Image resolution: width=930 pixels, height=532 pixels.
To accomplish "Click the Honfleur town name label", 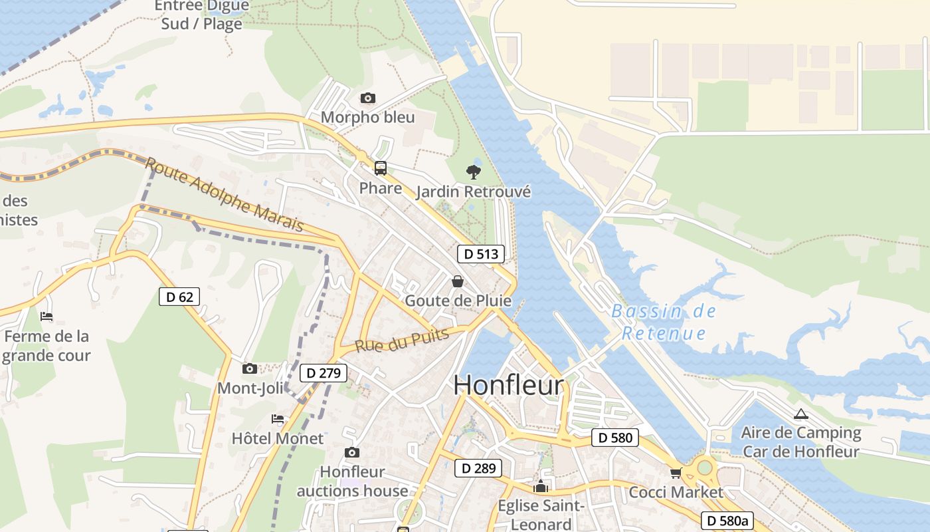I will pos(509,385).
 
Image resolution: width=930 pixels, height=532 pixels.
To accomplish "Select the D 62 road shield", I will pos(179,297).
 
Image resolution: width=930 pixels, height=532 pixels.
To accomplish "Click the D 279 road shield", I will pos(324,373).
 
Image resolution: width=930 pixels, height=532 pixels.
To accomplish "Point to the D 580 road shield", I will pos(614,438).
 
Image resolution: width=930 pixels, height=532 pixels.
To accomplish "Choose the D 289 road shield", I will pos(478,468).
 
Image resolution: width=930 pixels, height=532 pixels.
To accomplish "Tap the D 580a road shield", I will pos(727,521).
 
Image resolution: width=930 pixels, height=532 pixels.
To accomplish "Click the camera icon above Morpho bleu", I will pos(367,98).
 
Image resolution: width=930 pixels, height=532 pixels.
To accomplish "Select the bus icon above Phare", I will pos(380,168).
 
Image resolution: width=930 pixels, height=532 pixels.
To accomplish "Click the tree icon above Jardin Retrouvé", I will pos(473,172).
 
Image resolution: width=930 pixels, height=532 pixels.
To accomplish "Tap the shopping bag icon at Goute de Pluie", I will pos(458,281).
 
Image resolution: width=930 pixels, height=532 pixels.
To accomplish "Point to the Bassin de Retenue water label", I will pos(663,322).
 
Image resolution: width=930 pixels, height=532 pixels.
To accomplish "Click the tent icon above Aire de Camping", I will pos(800,414).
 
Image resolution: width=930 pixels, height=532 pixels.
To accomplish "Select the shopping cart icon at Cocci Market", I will pos(676,473).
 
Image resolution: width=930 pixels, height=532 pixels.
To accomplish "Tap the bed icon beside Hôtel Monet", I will pos(278,419).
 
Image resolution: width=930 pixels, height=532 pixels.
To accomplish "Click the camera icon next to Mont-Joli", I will pos(250,368).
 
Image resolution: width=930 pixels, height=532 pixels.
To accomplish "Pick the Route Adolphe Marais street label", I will pos(225,195).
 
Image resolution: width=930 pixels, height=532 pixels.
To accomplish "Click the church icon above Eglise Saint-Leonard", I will pos(541,486).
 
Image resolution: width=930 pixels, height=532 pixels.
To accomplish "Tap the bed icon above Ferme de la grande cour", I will pos(46,317).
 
